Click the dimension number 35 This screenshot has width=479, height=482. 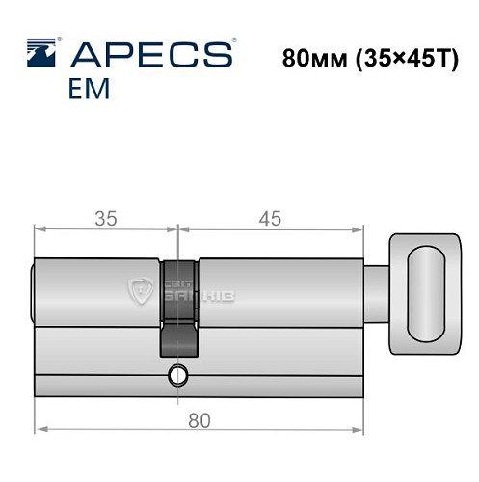(106, 219)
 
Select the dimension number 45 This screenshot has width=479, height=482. (271, 219)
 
